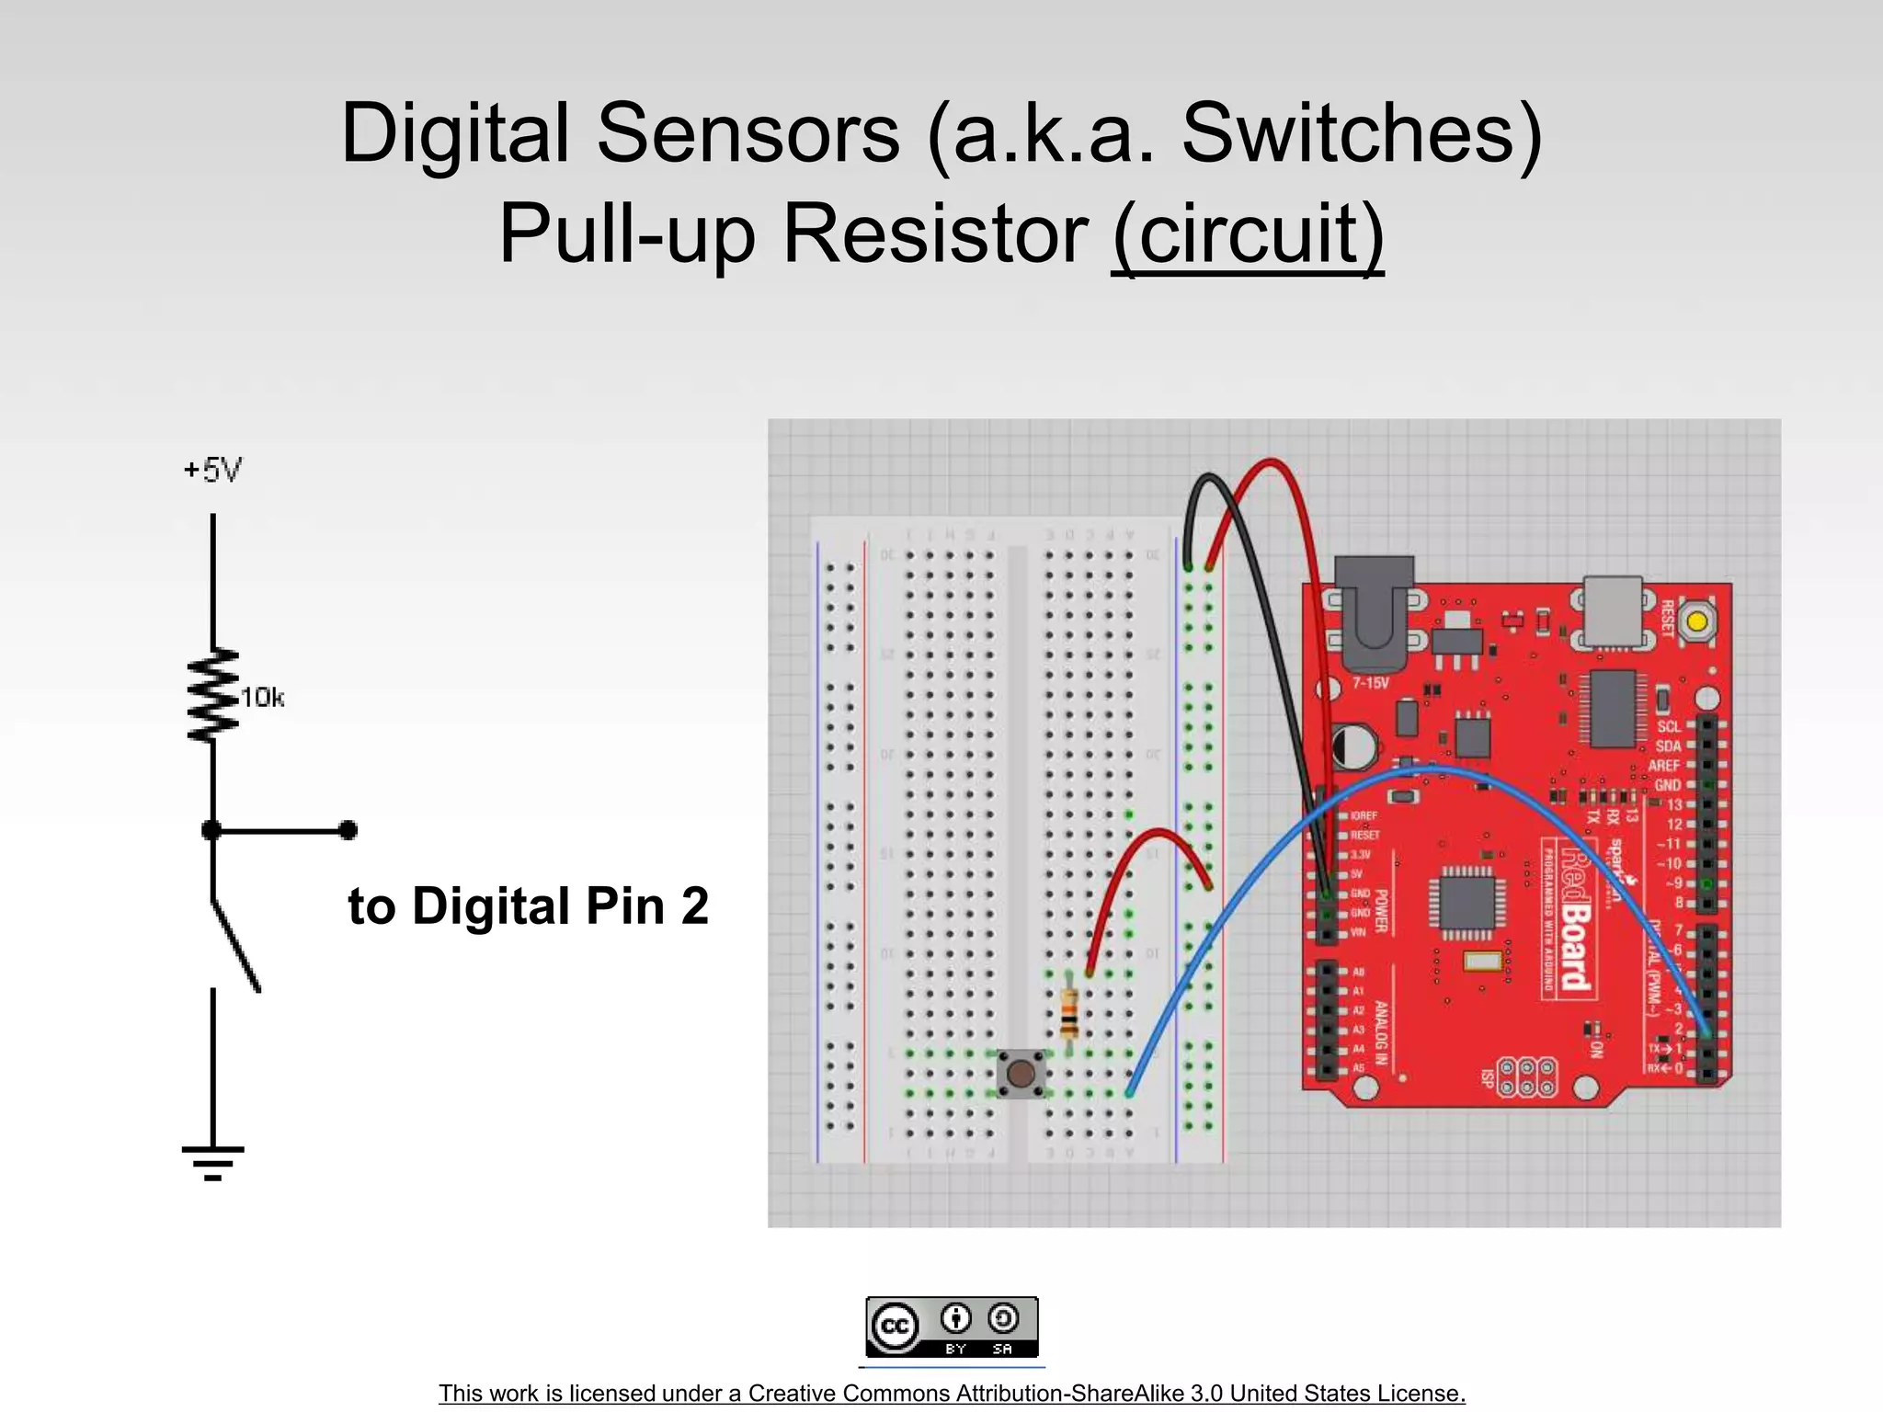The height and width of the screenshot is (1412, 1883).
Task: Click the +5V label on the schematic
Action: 212,471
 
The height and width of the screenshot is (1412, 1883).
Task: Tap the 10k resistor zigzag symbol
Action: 213,696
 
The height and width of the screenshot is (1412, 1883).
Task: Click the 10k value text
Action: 262,698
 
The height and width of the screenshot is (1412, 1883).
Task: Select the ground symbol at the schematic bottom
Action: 212,1161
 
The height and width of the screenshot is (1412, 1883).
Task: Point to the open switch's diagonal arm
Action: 237,947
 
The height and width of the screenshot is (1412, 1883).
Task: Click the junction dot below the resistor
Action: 212,831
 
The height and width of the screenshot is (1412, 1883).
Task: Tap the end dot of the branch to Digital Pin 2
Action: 348,831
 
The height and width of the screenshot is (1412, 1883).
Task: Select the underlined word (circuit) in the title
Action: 1247,233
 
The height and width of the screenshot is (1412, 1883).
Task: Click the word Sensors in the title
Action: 747,133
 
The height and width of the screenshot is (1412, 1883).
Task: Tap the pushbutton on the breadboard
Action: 1021,1073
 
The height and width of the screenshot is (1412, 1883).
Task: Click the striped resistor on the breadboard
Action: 1068,1013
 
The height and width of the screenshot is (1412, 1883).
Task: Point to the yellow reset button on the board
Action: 1696,621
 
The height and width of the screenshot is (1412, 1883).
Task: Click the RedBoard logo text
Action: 1575,919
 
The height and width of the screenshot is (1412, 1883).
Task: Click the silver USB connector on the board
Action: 1613,610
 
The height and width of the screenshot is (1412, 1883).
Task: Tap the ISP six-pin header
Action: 1527,1077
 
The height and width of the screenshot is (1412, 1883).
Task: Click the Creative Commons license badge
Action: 952,1327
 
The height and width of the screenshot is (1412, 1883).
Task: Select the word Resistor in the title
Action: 935,233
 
